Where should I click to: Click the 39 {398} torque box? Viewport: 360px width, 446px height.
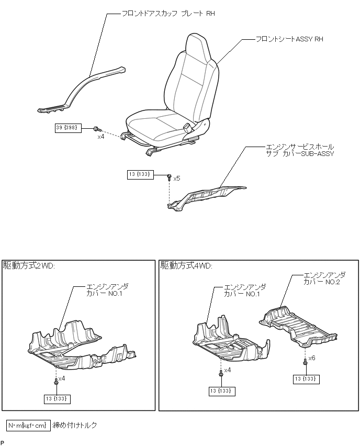point(68,128)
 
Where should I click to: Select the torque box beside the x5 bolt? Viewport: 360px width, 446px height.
point(140,175)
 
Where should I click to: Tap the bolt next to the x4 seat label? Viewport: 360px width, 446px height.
point(96,129)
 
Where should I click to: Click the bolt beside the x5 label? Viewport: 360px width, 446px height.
point(170,178)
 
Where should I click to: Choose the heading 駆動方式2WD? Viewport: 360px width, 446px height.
point(29,266)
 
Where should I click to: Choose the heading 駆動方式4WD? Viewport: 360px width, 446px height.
point(186,266)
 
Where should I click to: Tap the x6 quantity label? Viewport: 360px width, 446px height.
point(311,358)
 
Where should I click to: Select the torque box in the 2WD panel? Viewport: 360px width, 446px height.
point(58,399)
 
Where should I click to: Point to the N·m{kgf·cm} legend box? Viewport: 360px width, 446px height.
point(28,425)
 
